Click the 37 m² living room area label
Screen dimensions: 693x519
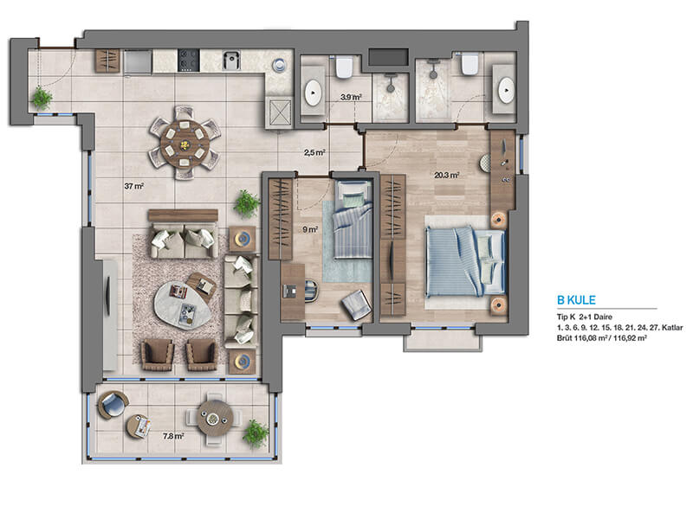point(134,186)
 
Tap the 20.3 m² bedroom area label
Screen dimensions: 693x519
point(447,176)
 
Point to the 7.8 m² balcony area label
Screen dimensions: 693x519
point(173,436)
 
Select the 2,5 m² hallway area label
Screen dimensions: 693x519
point(314,153)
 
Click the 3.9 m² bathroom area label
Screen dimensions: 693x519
point(352,97)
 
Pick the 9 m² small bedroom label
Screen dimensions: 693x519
point(310,229)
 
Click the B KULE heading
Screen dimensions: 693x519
point(576,300)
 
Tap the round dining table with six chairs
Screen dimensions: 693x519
point(185,143)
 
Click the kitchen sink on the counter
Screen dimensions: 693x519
point(231,61)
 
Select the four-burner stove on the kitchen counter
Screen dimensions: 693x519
point(189,61)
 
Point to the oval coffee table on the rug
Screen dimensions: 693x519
point(182,305)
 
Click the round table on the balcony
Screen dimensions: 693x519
point(215,418)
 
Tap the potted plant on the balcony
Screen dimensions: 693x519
point(256,432)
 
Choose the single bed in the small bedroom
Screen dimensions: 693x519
point(353,220)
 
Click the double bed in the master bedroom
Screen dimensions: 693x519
point(465,261)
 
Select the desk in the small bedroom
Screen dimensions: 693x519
point(293,292)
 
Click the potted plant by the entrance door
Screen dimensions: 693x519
point(42,98)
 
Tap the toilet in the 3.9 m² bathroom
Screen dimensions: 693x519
point(343,67)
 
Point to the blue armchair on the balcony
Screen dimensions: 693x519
point(113,405)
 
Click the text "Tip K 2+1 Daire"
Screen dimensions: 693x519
point(584,317)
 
